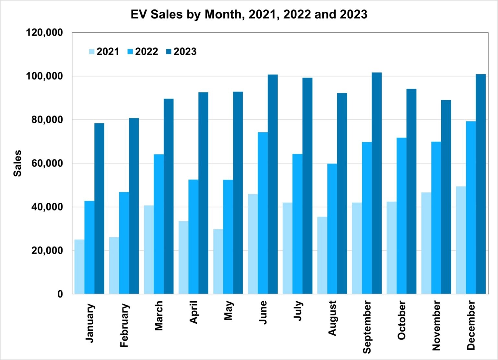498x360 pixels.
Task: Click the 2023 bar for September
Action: coord(377,183)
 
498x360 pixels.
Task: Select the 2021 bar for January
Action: coord(79,267)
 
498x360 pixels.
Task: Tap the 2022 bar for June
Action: coord(263,213)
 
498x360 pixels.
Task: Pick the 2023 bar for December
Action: coord(481,184)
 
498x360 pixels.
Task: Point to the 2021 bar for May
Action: coord(218,261)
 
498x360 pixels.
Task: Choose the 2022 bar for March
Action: coord(159,224)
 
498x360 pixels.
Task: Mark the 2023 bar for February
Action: coord(134,206)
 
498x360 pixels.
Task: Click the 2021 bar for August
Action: coord(322,255)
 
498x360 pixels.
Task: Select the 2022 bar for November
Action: coord(436,218)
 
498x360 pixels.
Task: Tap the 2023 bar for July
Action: coord(307,186)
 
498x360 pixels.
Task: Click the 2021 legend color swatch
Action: coord(92,52)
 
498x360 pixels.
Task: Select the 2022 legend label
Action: coord(147,52)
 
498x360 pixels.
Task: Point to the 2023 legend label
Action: coord(185,52)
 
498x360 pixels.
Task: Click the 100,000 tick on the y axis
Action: coord(44,76)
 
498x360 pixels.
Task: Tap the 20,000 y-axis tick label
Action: coord(47,250)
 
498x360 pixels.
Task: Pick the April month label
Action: coord(194,312)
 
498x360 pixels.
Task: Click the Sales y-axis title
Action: coord(17,163)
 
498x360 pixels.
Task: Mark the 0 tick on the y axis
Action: coord(60,294)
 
